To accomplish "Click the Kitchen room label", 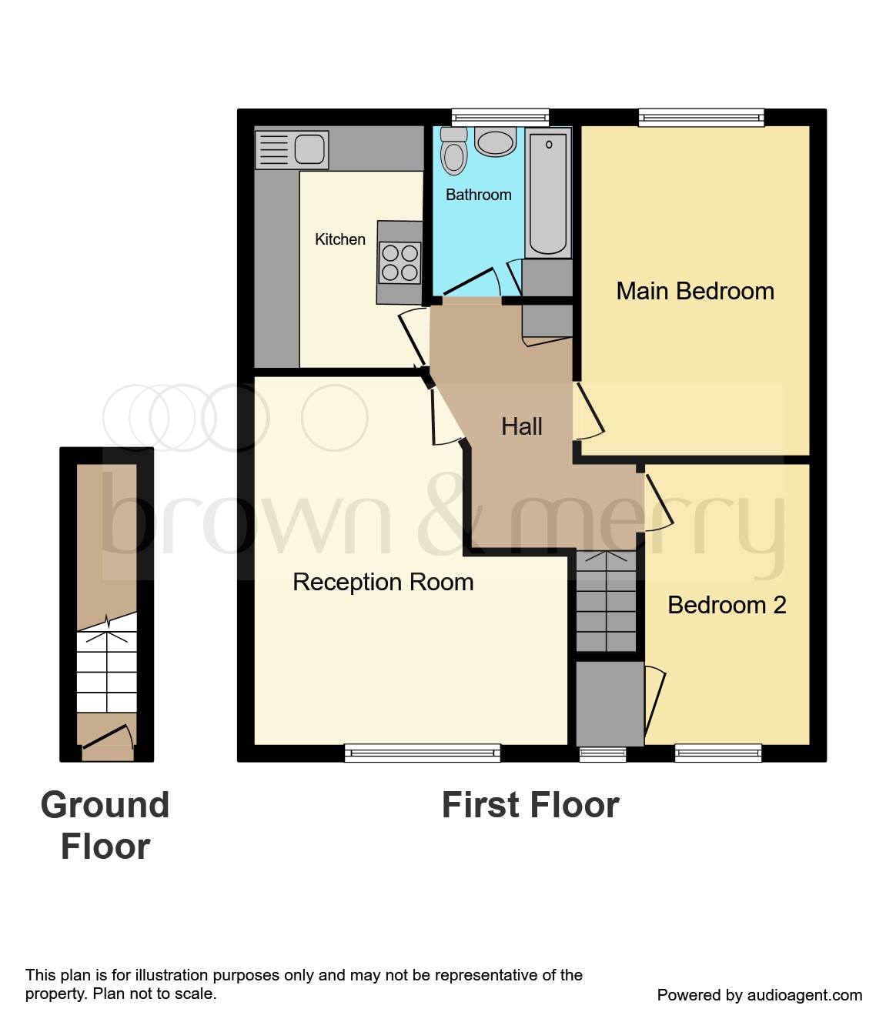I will pyautogui.click(x=339, y=239).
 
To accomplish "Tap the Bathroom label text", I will pyautogui.click(x=478, y=195).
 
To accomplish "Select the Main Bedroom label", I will pyautogui.click(x=694, y=291).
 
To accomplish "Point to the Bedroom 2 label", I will pyautogui.click(x=726, y=605).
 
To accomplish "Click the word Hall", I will pyautogui.click(x=521, y=426).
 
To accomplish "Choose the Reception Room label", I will pyautogui.click(x=383, y=582).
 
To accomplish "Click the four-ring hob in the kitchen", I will pyautogui.click(x=400, y=262).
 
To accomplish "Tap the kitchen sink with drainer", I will pyautogui.click(x=293, y=149).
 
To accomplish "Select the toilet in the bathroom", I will pyautogui.click(x=454, y=152).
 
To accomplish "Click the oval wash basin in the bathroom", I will pyautogui.click(x=495, y=142).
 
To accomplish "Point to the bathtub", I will pyautogui.click(x=548, y=194).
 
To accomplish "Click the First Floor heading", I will pyautogui.click(x=530, y=805).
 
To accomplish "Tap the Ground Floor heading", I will pyautogui.click(x=105, y=826).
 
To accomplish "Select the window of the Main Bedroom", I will pyautogui.click(x=700, y=118).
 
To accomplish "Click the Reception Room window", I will pyautogui.click(x=422, y=753).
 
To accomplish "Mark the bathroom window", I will pyautogui.click(x=500, y=118).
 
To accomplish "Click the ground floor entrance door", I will pyautogui.click(x=107, y=736).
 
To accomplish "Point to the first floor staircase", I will pyautogui.click(x=607, y=600).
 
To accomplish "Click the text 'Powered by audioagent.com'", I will pyautogui.click(x=759, y=995).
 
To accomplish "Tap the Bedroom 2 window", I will pyautogui.click(x=717, y=753).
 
